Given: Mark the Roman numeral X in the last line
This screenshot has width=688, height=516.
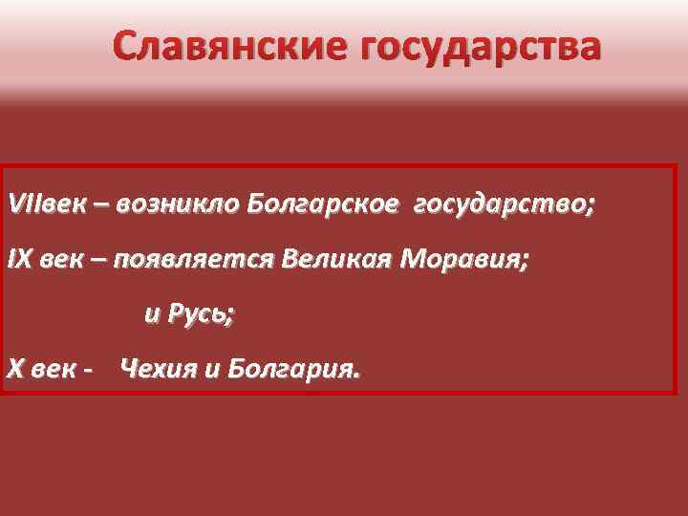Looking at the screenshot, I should [x=14, y=369].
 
